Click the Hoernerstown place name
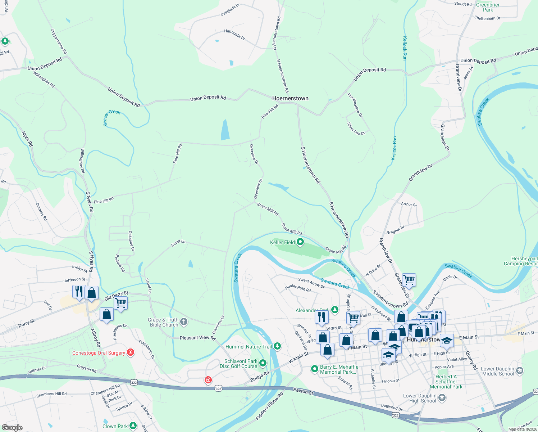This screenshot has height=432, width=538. coord(290,98)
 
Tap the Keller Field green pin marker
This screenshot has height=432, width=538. coord(300,242)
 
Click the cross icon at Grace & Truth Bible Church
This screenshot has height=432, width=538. coord(184,321)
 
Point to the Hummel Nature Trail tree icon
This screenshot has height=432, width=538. coord(277,346)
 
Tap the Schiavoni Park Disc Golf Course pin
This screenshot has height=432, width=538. coord(263,363)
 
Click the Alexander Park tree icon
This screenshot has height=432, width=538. coord(335,310)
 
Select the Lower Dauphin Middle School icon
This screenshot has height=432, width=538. coord(519,370)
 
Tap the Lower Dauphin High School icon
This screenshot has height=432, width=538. coord(442,398)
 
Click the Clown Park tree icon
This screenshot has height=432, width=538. coord(133,426)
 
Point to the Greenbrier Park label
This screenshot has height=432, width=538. coord(488,7)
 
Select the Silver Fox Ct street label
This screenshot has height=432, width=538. coord(356,129)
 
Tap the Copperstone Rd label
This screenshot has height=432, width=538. coord(59,41)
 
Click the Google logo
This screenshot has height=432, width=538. coord(12,428)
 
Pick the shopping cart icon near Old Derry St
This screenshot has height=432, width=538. coord(121,303)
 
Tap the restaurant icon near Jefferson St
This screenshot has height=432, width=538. coord(79,291)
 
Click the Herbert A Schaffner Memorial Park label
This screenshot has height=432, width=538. coord(446,382)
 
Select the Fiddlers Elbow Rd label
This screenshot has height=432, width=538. coord(270,406)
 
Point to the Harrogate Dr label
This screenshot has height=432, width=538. coord(234,35)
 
